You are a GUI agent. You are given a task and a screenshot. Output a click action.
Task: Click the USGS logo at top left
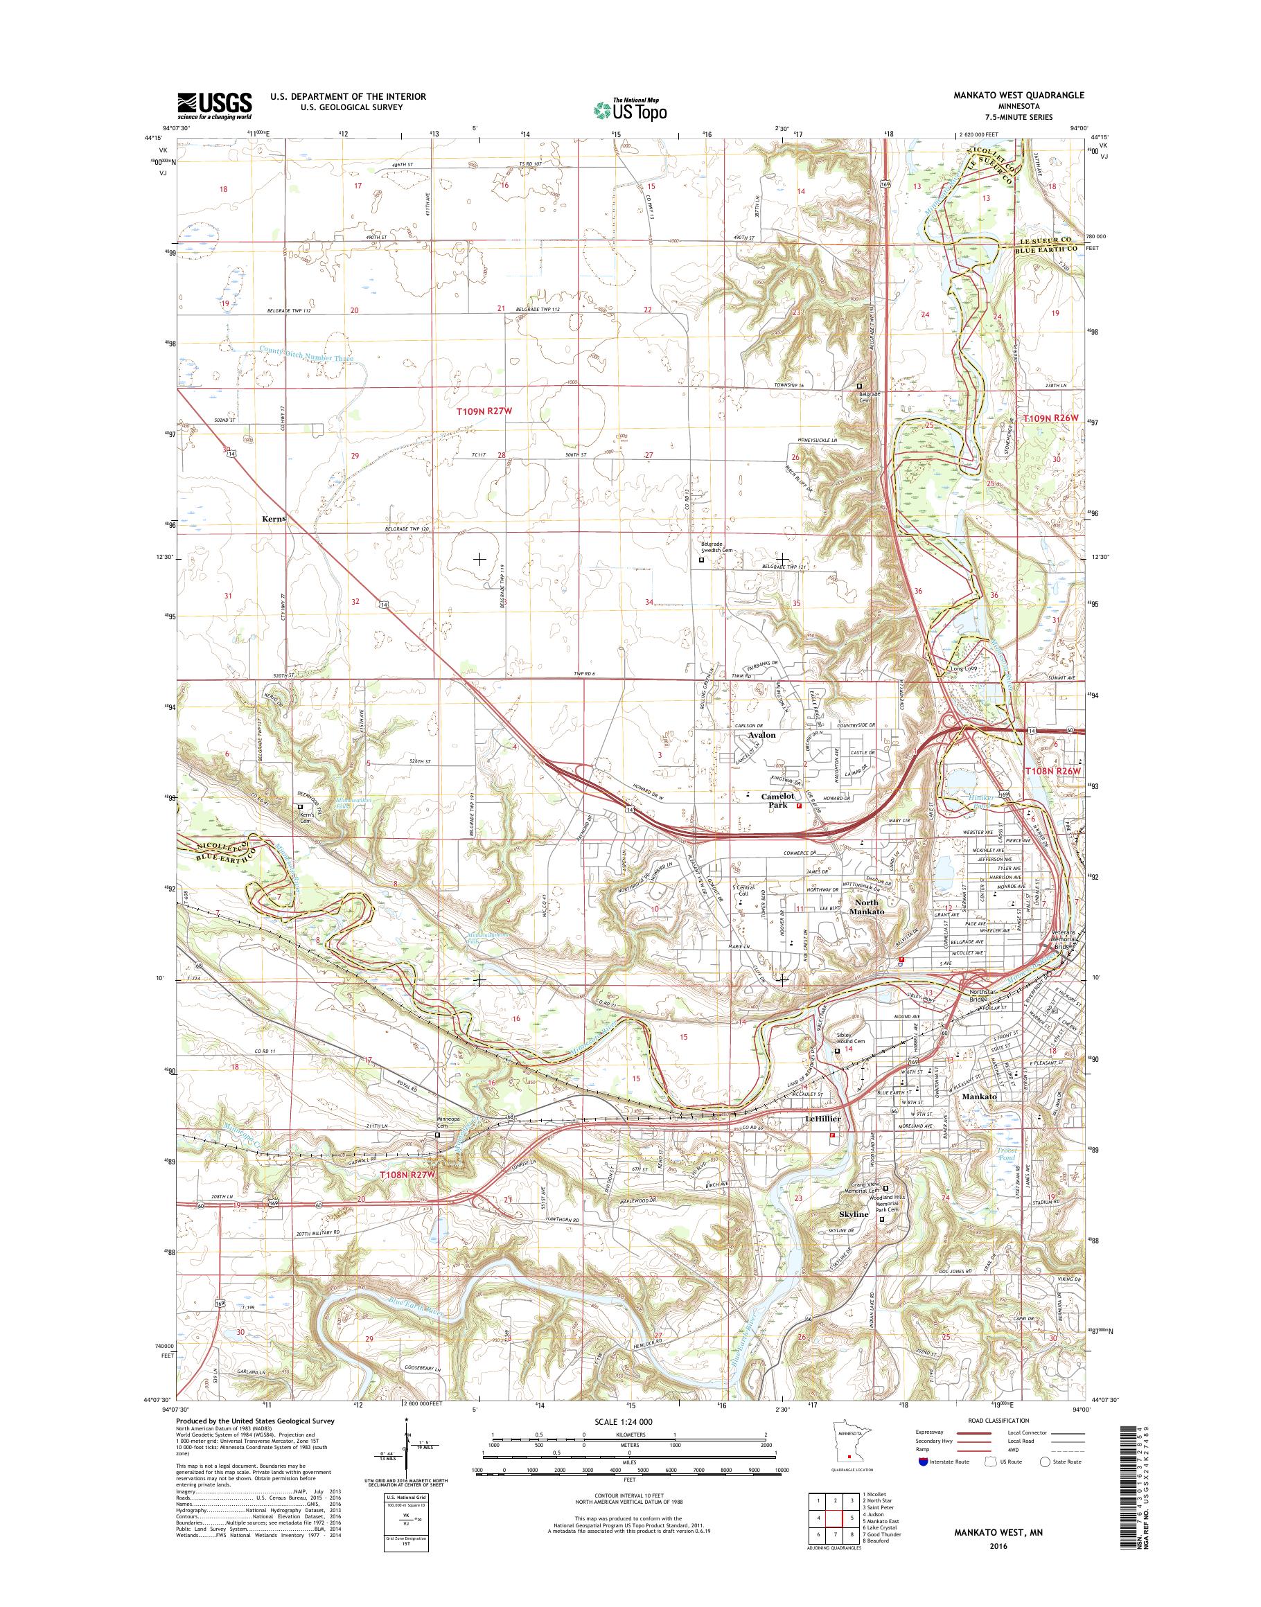point(214,105)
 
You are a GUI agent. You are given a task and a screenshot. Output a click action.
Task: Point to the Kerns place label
point(274,519)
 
